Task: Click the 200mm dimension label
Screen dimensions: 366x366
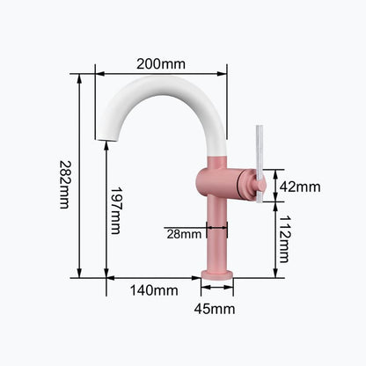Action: [161, 63]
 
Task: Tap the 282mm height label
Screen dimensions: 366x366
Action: [64, 184]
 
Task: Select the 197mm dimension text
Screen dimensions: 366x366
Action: [115, 210]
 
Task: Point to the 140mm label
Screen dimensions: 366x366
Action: [154, 290]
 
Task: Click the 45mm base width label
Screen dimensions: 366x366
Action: [215, 309]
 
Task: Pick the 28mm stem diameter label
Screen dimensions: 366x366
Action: [184, 234]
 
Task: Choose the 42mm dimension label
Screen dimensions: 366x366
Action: [300, 187]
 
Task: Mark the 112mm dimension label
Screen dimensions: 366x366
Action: [284, 239]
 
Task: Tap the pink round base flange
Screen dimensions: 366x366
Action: [217, 274]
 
